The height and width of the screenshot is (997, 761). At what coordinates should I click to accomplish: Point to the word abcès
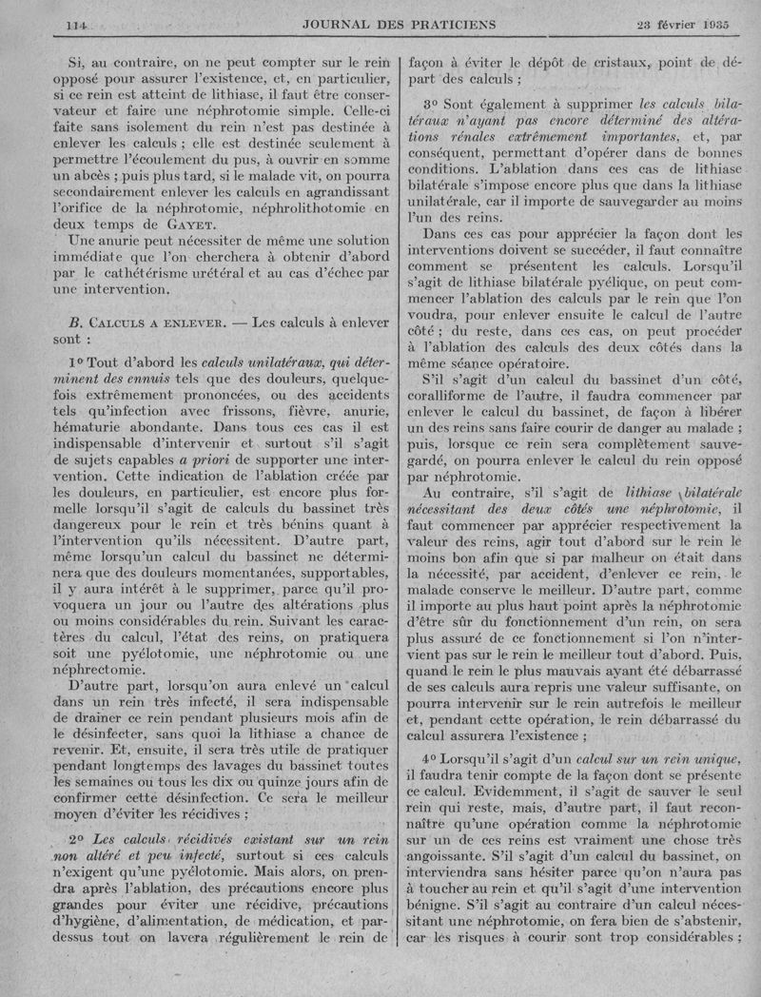click(x=95, y=176)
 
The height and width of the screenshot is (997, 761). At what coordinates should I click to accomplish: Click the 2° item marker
click(x=78, y=840)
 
